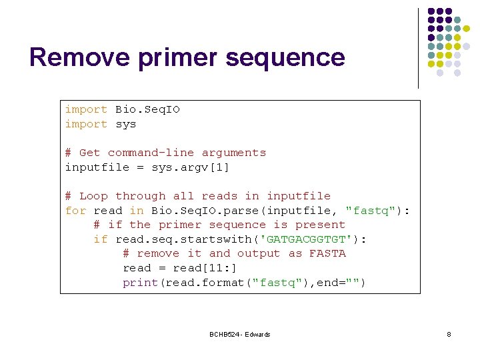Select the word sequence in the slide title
click(x=285, y=57)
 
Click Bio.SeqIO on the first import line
click(x=148, y=109)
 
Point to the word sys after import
click(x=126, y=124)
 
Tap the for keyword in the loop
click(x=75, y=211)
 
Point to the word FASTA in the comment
click(x=327, y=253)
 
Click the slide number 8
click(x=449, y=334)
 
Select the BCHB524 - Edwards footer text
click(x=240, y=334)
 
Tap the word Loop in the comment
click(x=93, y=196)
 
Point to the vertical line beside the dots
click(x=418, y=48)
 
